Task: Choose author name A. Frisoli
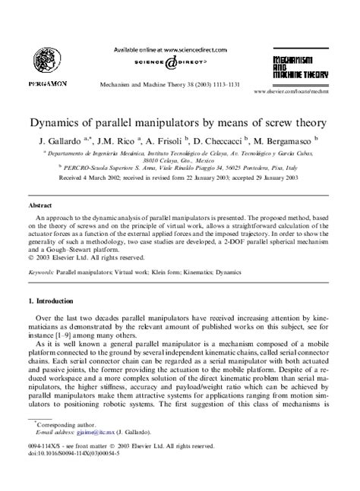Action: point(156,141)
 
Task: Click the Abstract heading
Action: point(40,206)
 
